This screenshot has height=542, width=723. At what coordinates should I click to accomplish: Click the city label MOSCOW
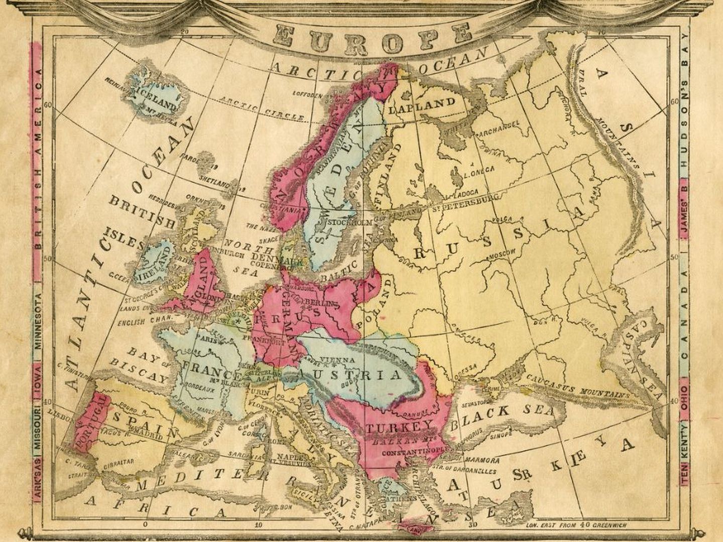click(502, 255)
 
